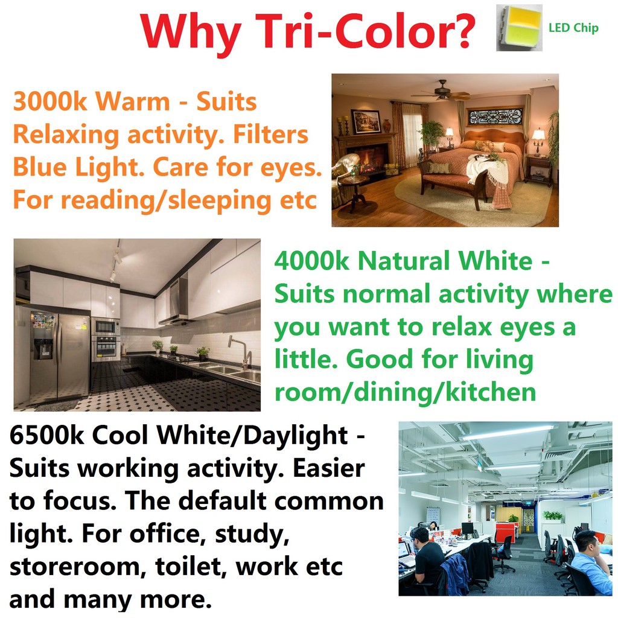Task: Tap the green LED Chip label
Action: (573, 28)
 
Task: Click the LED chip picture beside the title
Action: (519, 28)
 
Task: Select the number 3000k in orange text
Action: (49, 101)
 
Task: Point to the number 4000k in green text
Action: (312, 261)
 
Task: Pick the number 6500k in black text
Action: (46, 436)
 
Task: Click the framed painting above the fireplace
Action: (366, 121)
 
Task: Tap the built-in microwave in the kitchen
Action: (106, 327)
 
